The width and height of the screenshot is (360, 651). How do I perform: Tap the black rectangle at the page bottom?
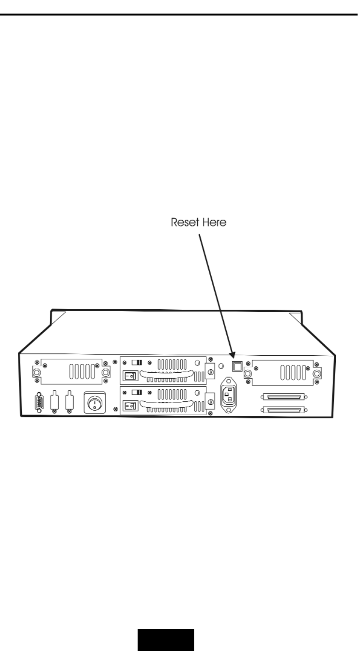(166, 640)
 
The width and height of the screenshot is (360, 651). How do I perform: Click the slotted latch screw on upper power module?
(210, 372)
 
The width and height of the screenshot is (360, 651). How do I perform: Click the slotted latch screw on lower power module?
(210, 402)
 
